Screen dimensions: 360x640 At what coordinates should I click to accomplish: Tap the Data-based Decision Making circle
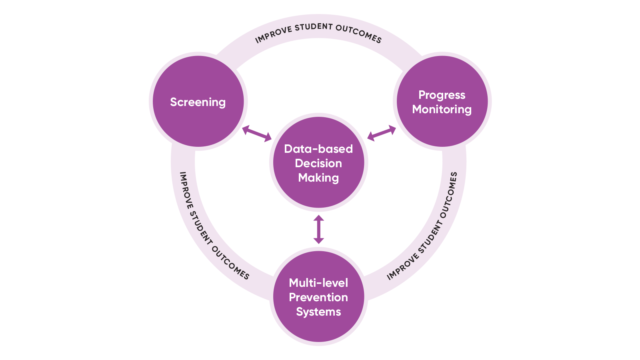pos(318,164)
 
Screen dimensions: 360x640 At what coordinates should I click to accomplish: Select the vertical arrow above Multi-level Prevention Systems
pos(319,228)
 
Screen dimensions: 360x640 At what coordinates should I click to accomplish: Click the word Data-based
pos(318,149)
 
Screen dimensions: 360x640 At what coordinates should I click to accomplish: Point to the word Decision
pos(318,164)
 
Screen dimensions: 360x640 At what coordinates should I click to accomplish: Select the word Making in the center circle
pos(318,179)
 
